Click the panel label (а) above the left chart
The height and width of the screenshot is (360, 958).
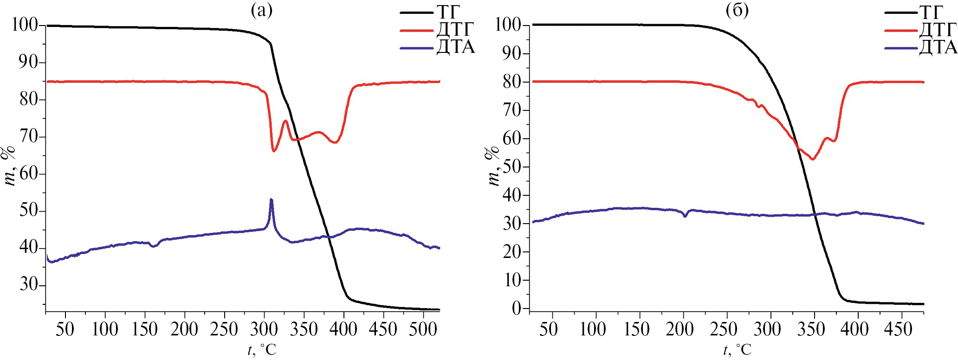(261, 10)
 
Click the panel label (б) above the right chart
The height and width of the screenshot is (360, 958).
(737, 10)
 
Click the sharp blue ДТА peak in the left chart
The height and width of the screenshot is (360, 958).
(271, 200)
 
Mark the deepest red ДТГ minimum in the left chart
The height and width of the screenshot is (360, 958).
(274, 151)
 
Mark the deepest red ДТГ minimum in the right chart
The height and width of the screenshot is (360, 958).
(813, 159)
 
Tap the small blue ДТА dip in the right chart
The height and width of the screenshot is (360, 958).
(685, 216)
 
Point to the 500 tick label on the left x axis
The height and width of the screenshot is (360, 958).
(423, 329)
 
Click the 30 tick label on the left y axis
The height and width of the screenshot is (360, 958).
(29, 284)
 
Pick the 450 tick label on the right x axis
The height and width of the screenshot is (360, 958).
(898, 329)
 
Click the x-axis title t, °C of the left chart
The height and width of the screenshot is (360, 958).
(262, 349)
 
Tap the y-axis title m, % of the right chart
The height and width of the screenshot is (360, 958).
(493, 166)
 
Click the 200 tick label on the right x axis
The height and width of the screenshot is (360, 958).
(680, 329)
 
